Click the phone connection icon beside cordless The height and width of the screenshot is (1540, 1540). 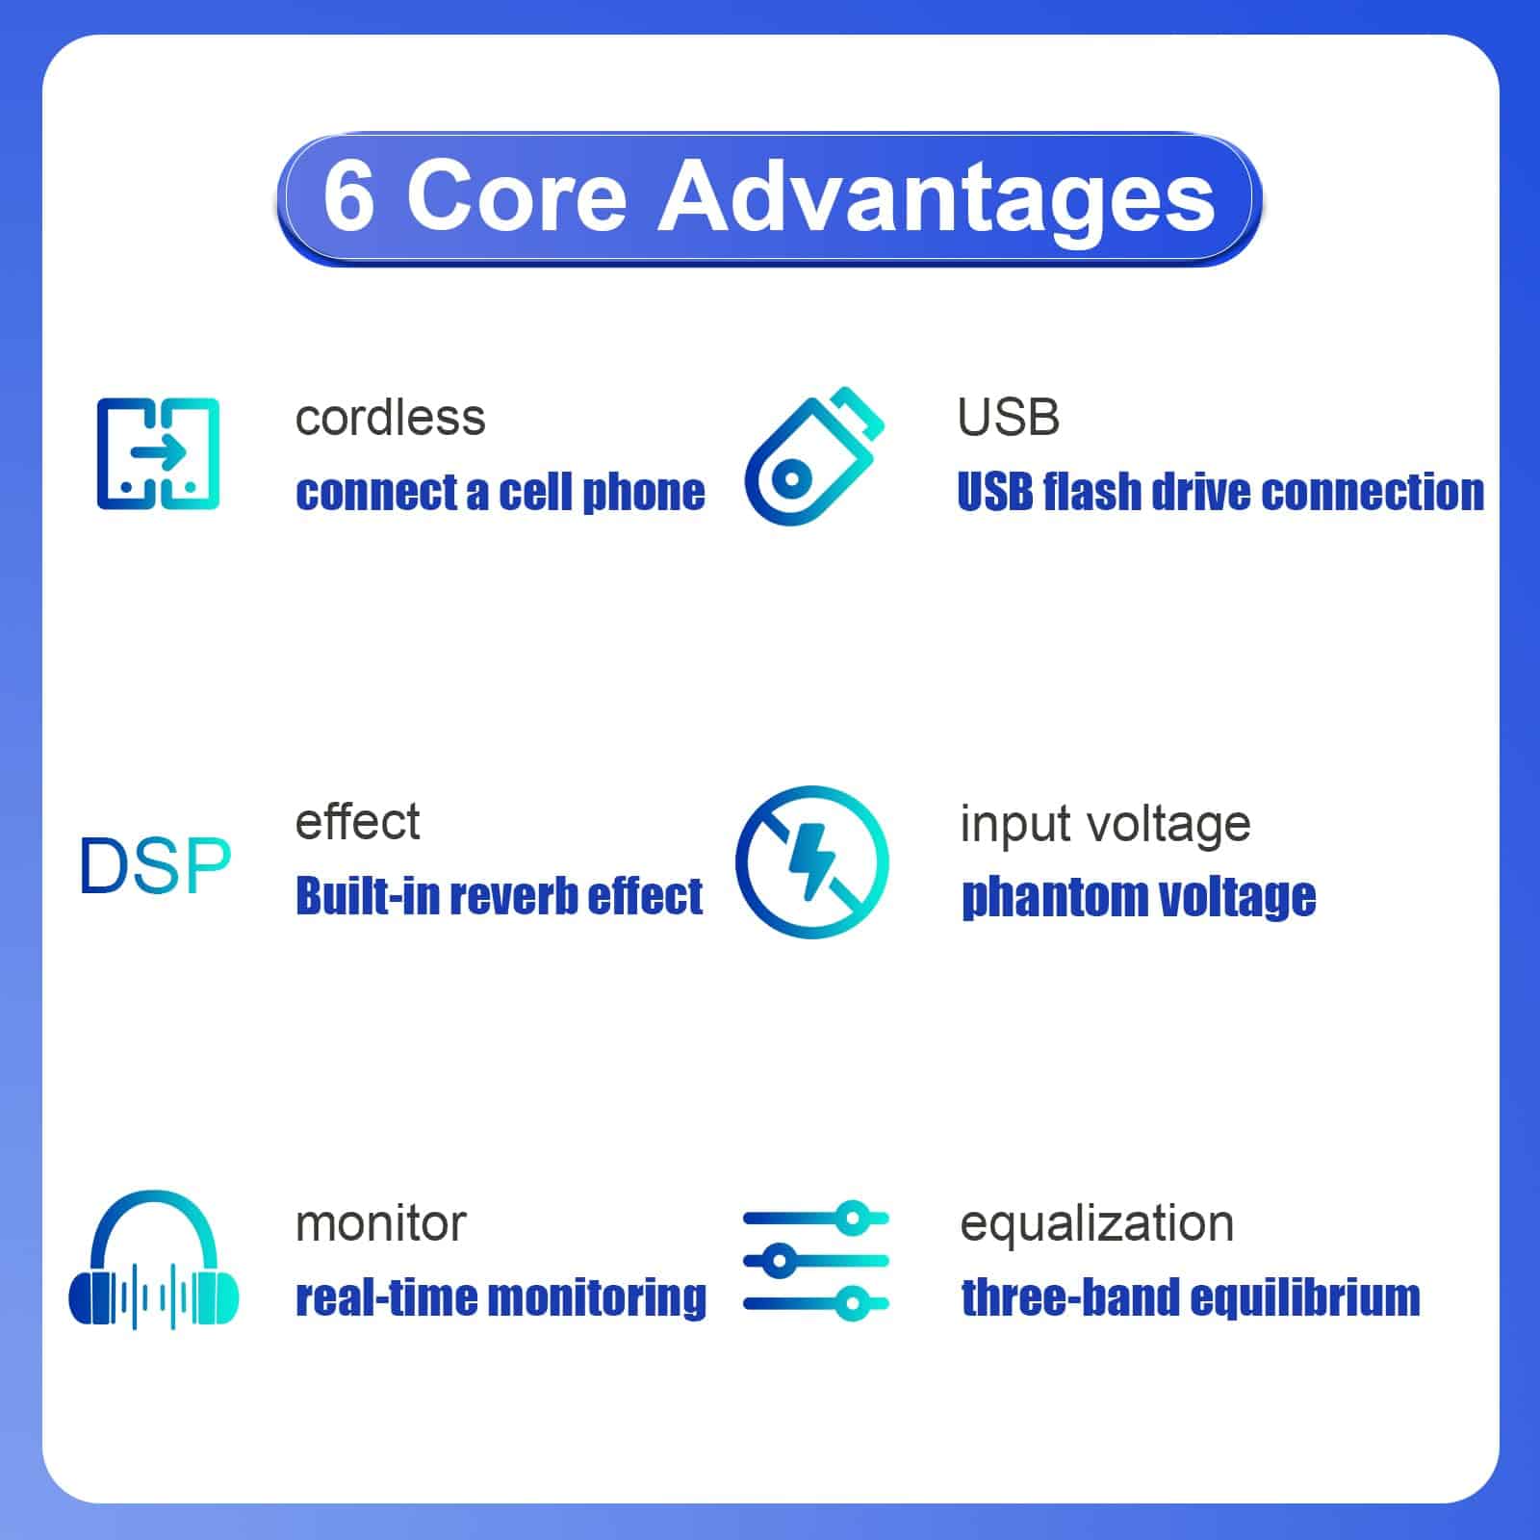[x=158, y=453]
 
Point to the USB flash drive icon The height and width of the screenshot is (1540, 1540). [x=813, y=455]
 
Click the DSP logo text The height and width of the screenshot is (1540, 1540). [x=155, y=865]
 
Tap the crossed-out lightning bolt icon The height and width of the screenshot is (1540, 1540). [x=812, y=861]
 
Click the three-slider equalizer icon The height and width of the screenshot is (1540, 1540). [x=816, y=1261]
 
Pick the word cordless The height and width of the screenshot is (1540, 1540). [x=390, y=418]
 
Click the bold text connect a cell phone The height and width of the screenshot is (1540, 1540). [x=500, y=493]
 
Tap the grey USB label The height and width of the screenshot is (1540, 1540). [x=1009, y=418]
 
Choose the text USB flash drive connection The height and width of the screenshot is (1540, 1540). [x=1220, y=492]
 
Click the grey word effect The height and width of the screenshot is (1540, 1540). [x=357, y=822]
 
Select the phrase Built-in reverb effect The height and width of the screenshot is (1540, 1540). [x=499, y=895]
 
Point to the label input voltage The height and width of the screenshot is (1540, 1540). [x=1105, y=826]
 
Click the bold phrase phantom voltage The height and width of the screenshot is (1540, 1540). [x=1139, y=898]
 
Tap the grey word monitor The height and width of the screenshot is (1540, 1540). [x=380, y=1224]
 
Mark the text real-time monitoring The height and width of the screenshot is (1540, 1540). [x=500, y=1298]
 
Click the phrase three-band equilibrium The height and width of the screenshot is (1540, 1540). [x=1191, y=1298]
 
